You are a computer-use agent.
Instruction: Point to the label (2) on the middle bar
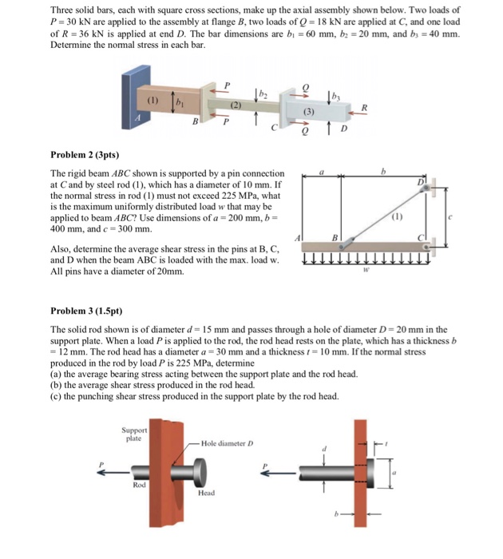click(236, 105)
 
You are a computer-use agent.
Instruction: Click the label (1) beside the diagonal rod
click(397, 216)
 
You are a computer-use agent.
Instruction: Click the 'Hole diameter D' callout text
click(227, 442)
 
